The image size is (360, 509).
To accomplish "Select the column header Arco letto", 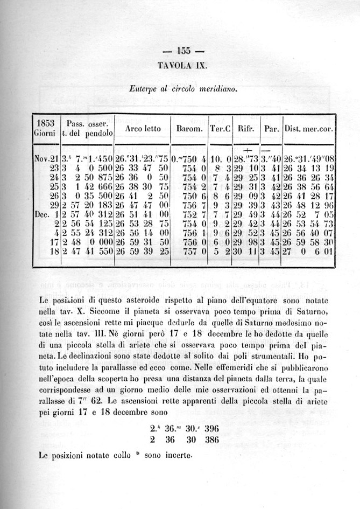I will (143, 129).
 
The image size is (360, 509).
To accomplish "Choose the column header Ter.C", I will (220, 129).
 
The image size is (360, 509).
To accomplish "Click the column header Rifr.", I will (246, 129).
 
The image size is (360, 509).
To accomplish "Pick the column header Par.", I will (270, 129).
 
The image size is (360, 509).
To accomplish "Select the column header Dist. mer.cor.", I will (309, 129).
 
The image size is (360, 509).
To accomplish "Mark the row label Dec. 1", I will (46, 213).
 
